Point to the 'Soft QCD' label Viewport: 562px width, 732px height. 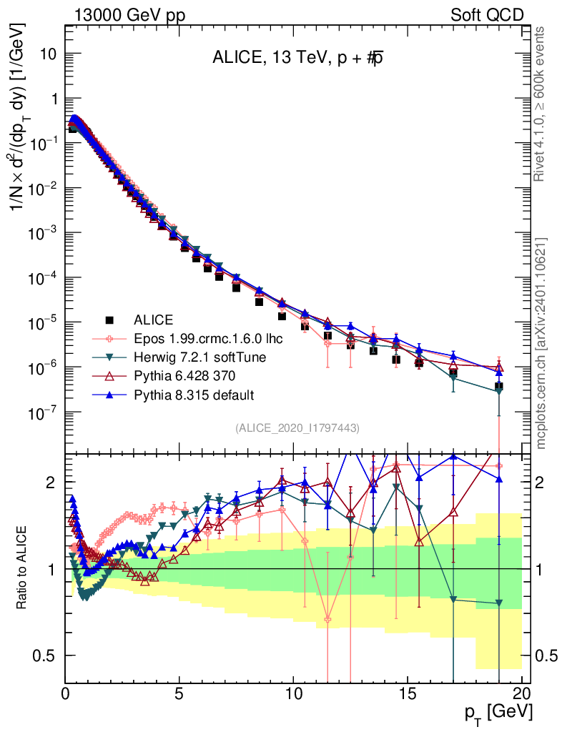487,14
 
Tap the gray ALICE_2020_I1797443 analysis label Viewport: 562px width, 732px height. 297,427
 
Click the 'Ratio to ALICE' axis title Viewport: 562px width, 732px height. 23,569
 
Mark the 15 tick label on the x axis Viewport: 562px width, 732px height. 408,693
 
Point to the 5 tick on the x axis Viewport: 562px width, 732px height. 179,693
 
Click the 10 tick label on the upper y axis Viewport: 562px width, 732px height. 47,54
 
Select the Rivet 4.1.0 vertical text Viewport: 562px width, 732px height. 541,104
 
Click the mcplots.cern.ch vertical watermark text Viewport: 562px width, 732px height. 541,343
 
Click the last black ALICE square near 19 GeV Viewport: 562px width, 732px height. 498,386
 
